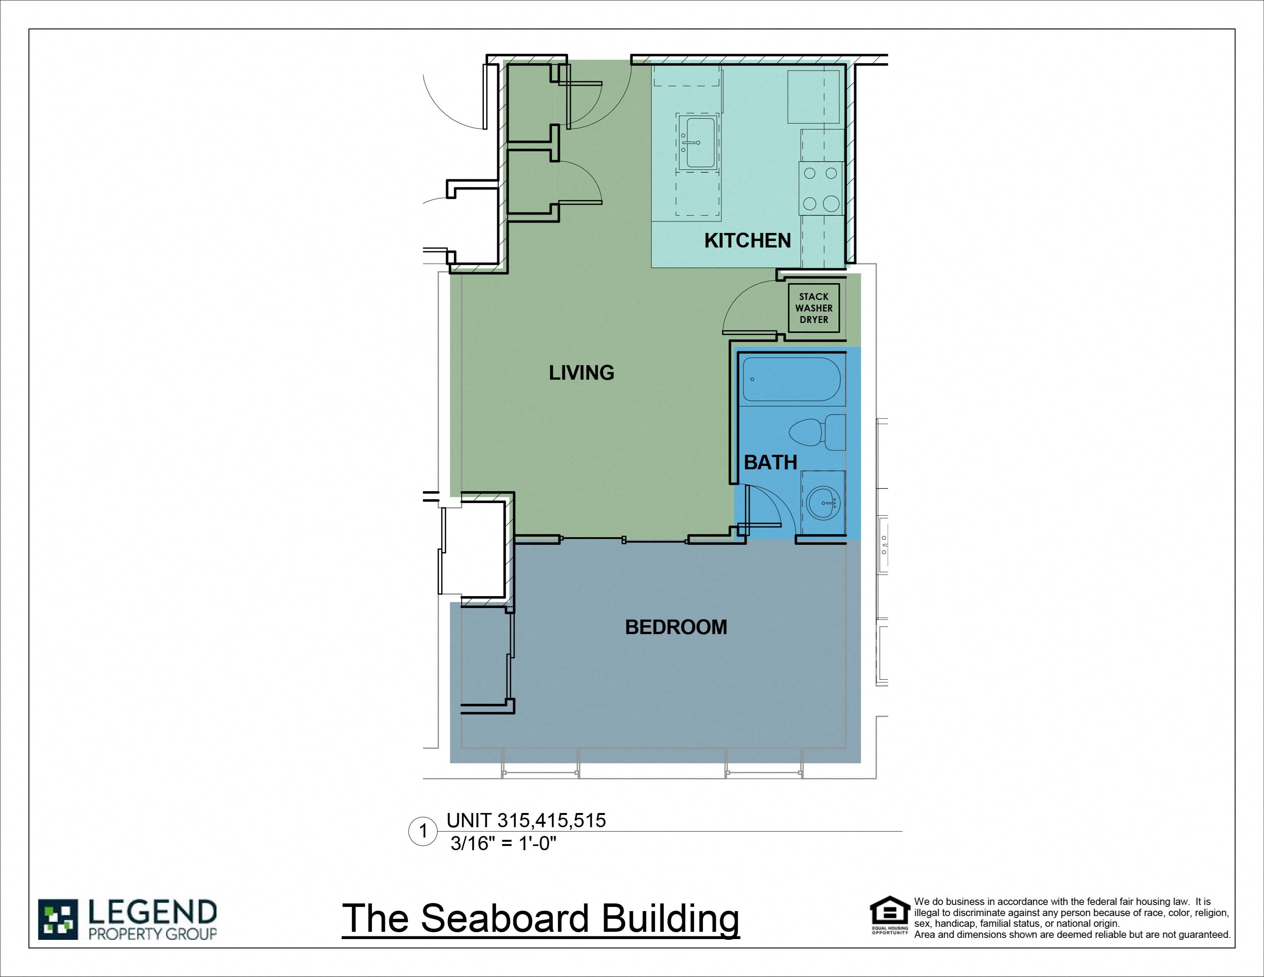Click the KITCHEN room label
pos(747,240)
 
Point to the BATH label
pos(770,462)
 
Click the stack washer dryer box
pos(814,308)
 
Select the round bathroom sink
pos(823,502)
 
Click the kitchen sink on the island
pos(699,143)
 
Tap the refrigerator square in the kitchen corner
pos(813,97)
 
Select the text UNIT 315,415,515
pos(526,821)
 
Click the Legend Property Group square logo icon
pos(58,919)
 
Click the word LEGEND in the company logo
pos(152,912)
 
